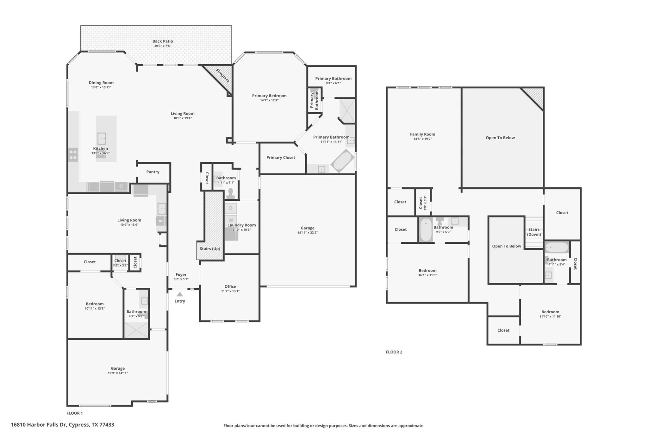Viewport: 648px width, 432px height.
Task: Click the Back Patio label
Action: tap(163, 41)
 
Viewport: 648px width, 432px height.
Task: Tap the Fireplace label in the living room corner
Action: tap(222, 76)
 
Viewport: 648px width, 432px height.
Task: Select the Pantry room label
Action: tap(153, 172)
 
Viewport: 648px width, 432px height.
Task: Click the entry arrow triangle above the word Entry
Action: tap(180, 294)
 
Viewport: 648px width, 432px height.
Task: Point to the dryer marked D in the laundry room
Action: tap(231, 208)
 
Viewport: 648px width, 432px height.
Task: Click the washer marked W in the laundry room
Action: tap(231, 220)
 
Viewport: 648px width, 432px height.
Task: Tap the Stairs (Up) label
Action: tap(210, 249)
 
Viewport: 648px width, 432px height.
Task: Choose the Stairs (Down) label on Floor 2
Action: tap(534, 232)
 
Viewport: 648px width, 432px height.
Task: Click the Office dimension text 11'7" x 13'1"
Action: tap(230, 291)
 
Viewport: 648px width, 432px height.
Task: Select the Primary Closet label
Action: tap(281, 158)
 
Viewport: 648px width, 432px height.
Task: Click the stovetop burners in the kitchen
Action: tap(73, 155)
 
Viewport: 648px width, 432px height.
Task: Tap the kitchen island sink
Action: tap(102, 139)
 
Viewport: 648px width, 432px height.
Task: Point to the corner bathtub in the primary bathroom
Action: tap(342, 161)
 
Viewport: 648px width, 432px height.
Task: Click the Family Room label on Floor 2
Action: tap(422, 134)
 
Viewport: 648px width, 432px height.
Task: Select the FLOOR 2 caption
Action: tap(394, 352)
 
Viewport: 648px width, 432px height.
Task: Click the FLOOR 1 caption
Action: tap(75, 413)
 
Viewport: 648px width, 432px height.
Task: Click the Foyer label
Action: tap(181, 275)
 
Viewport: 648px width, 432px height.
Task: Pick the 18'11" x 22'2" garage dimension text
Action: tap(308, 233)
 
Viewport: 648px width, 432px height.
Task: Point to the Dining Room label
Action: tap(101, 83)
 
